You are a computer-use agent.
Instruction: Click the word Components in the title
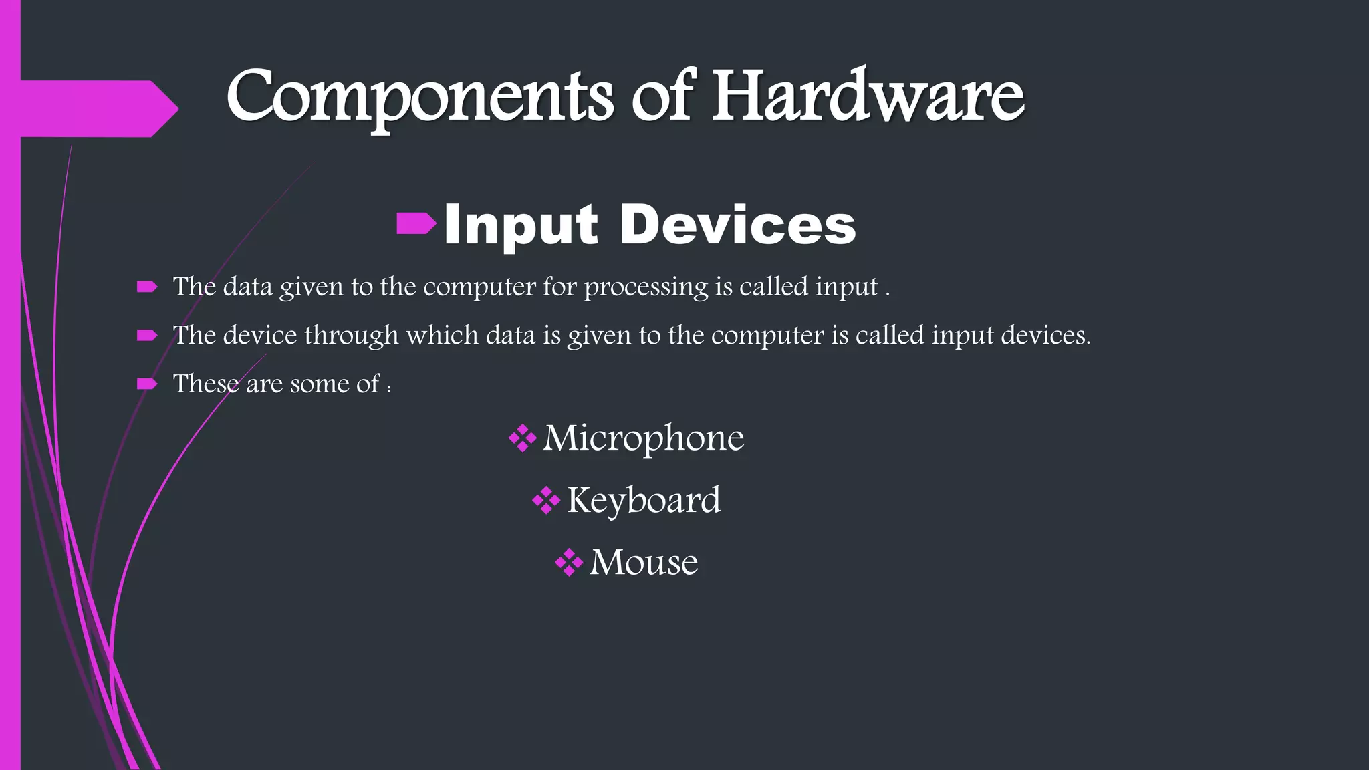pyautogui.click(x=419, y=98)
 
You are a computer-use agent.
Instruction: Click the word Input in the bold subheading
pyautogui.click(x=520, y=225)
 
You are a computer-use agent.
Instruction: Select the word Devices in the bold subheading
pyautogui.click(x=737, y=225)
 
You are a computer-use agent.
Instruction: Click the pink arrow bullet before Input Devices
pyautogui.click(x=416, y=224)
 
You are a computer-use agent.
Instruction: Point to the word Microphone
pyautogui.click(x=643, y=438)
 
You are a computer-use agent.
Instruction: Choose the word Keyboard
pyautogui.click(x=644, y=500)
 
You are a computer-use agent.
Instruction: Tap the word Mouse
pyautogui.click(x=644, y=562)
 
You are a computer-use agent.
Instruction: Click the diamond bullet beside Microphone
pyautogui.click(x=522, y=439)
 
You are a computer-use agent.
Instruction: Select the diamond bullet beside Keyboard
pyautogui.click(x=546, y=501)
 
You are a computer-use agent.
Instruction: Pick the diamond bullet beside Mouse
pyautogui.click(x=569, y=563)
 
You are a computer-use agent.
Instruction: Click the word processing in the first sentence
pyautogui.click(x=646, y=287)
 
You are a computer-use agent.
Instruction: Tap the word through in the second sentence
pyautogui.click(x=351, y=336)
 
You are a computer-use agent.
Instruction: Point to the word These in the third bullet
pyautogui.click(x=205, y=384)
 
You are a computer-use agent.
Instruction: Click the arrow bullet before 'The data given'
pyautogui.click(x=146, y=287)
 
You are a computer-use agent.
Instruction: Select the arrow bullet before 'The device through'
pyautogui.click(x=146, y=336)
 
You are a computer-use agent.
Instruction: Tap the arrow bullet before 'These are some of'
pyautogui.click(x=146, y=384)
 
